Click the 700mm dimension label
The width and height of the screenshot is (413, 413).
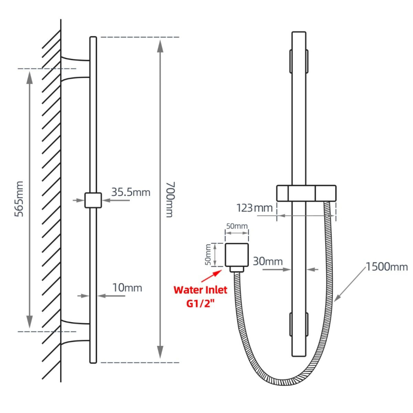click(169, 199)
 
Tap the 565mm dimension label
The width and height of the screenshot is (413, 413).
click(19, 200)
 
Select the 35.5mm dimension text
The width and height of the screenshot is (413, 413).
click(131, 192)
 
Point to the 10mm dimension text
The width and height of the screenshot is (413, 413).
click(127, 288)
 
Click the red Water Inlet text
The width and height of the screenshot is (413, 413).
click(200, 290)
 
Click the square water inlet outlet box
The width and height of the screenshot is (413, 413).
click(237, 255)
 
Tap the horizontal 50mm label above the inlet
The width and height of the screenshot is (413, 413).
click(237, 226)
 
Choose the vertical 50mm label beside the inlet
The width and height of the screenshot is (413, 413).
click(208, 255)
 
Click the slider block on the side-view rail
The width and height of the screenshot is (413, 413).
click(93, 200)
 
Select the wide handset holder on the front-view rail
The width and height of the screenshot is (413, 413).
click(306, 193)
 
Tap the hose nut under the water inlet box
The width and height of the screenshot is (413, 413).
click(237, 269)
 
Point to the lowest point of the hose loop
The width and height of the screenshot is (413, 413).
click(282, 382)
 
